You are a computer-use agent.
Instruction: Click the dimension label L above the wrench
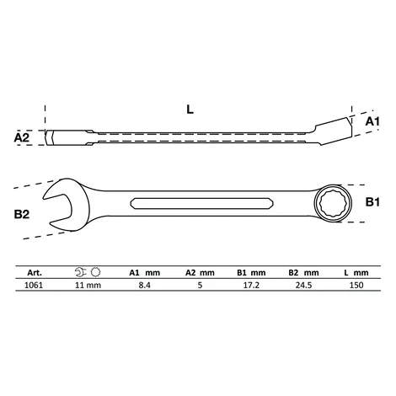coord(190,110)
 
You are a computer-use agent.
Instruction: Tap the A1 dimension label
coord(372,121)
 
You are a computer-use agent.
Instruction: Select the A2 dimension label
coord(22,137)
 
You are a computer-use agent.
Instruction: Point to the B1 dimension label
coord(372,202)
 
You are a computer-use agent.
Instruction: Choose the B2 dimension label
coord(22,214)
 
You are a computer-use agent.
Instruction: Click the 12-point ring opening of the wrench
coord(333,203)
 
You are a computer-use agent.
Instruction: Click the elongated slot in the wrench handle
coord(202,204)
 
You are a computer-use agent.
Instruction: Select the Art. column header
coord(35,273)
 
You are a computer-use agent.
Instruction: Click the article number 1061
coord(34,285)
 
